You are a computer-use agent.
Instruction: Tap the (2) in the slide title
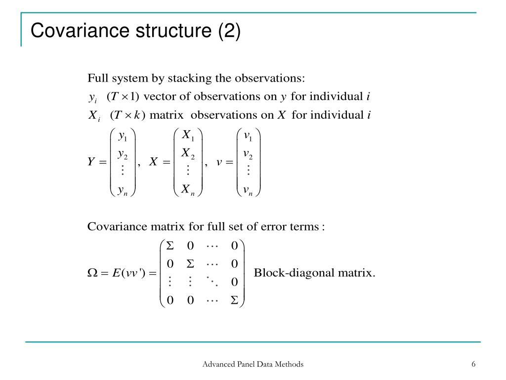coord(229,31)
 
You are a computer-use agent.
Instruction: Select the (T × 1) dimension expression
coord(123,96)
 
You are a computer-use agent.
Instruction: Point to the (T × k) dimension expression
coord(127,115)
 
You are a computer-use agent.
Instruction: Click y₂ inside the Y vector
coord(123,154)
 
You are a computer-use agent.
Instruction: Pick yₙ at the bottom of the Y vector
coord(123,190)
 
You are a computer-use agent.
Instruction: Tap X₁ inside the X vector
coord(188,135)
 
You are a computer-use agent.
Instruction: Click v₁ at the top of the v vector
coord(248,137)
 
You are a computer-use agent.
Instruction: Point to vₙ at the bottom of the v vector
coord(248,190)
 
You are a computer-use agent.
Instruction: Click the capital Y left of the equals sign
coord(91,161)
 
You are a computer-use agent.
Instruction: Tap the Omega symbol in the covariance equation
coord(92,273)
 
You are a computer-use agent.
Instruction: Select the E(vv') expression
coord(130,273)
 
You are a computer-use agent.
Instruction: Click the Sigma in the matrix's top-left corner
coord(170,245)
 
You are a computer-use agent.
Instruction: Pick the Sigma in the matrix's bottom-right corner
coord(235,300)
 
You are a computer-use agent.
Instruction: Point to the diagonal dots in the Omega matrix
coord(212,282)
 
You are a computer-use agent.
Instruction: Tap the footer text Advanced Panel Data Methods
coord(253,364)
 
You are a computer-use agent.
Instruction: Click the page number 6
coord(473,364)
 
